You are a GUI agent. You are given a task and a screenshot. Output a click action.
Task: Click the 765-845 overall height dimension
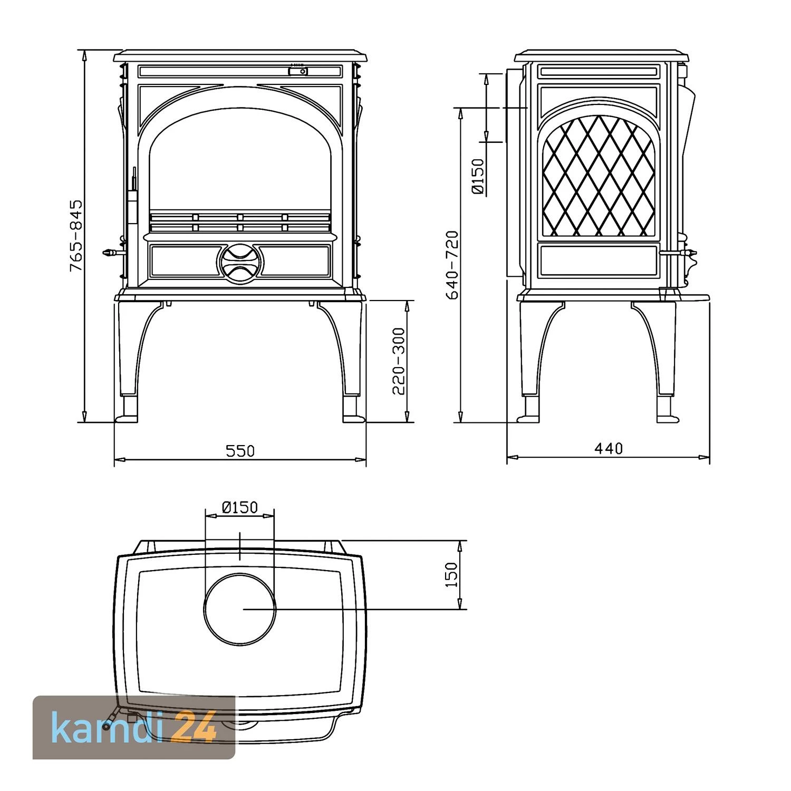point(77,235)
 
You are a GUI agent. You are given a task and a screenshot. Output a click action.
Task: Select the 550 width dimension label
point(240,451)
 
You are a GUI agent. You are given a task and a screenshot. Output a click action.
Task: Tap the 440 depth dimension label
point(609,448)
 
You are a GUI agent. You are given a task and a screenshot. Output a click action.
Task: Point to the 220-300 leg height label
point(399,361)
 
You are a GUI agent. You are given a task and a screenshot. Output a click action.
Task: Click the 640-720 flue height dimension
point(452,265)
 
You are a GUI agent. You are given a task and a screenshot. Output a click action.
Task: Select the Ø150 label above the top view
point(240,507)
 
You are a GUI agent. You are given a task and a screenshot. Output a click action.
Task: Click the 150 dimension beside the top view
point(452,574)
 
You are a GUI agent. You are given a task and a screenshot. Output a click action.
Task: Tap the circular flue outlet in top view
point(240,609)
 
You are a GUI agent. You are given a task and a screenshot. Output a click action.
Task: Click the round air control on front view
point(239,261)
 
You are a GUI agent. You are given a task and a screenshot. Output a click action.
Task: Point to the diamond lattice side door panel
point(599,176)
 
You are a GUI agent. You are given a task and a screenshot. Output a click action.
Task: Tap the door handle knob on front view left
point(109,253)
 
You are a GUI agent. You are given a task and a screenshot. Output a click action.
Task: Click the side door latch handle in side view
point(686,254)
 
